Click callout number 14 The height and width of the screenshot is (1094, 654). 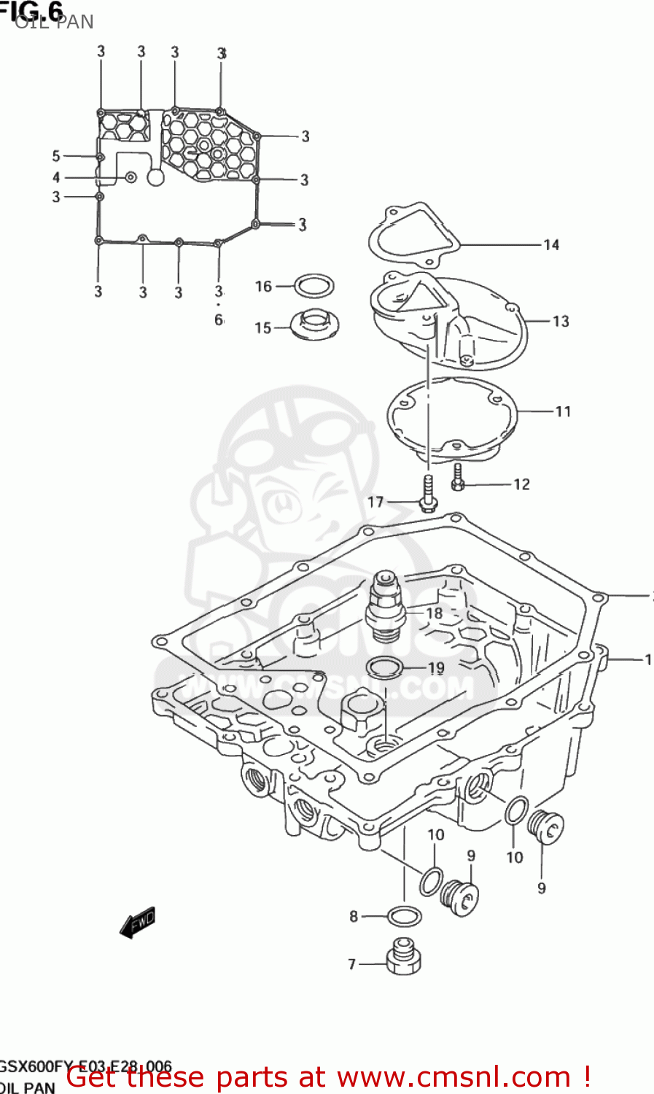tap(551, 245)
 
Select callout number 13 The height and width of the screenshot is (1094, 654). tap(560, 321)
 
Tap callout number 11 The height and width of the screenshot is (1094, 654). tap(563, 411)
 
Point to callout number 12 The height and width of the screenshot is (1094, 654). tap(521, 484)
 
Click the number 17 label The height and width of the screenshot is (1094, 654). tap(375, 502)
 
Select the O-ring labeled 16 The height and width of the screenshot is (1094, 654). tap(314, 285)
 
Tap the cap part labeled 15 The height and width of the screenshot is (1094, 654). tap(316, 325)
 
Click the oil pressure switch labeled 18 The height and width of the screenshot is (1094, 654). tap(386, 605)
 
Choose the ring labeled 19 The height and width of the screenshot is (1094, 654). tap(384, 667)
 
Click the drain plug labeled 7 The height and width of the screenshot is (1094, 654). tap(403, 957)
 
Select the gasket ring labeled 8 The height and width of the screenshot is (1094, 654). tap(404, 915)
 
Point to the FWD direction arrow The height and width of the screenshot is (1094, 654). tap(138, 923)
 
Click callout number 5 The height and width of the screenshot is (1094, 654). tap(56, 155)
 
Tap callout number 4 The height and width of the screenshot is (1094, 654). tap(56, 177)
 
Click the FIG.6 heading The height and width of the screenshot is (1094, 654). tap(33, 10)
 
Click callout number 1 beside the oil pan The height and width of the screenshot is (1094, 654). tap(647, 659)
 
